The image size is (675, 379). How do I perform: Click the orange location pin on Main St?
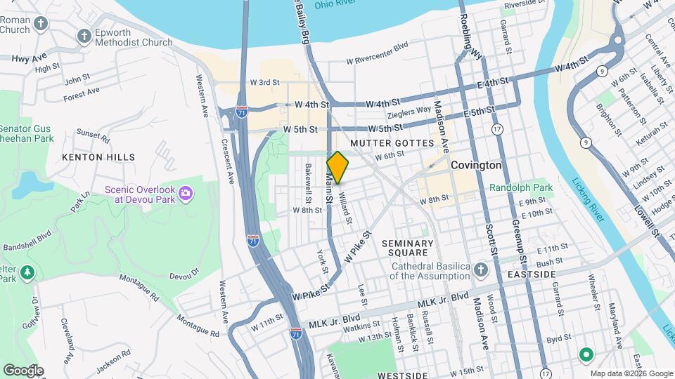(338, 168)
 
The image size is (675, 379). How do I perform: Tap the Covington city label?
(477, 166)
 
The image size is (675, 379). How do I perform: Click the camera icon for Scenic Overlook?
(185, 192)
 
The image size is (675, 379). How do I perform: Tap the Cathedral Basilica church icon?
(480, 270)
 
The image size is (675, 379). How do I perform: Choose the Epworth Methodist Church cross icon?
(84, 36)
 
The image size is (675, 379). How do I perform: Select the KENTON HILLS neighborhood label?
(98, 157)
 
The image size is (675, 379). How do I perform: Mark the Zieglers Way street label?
(409, 110)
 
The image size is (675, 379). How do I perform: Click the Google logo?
(23, 370)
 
